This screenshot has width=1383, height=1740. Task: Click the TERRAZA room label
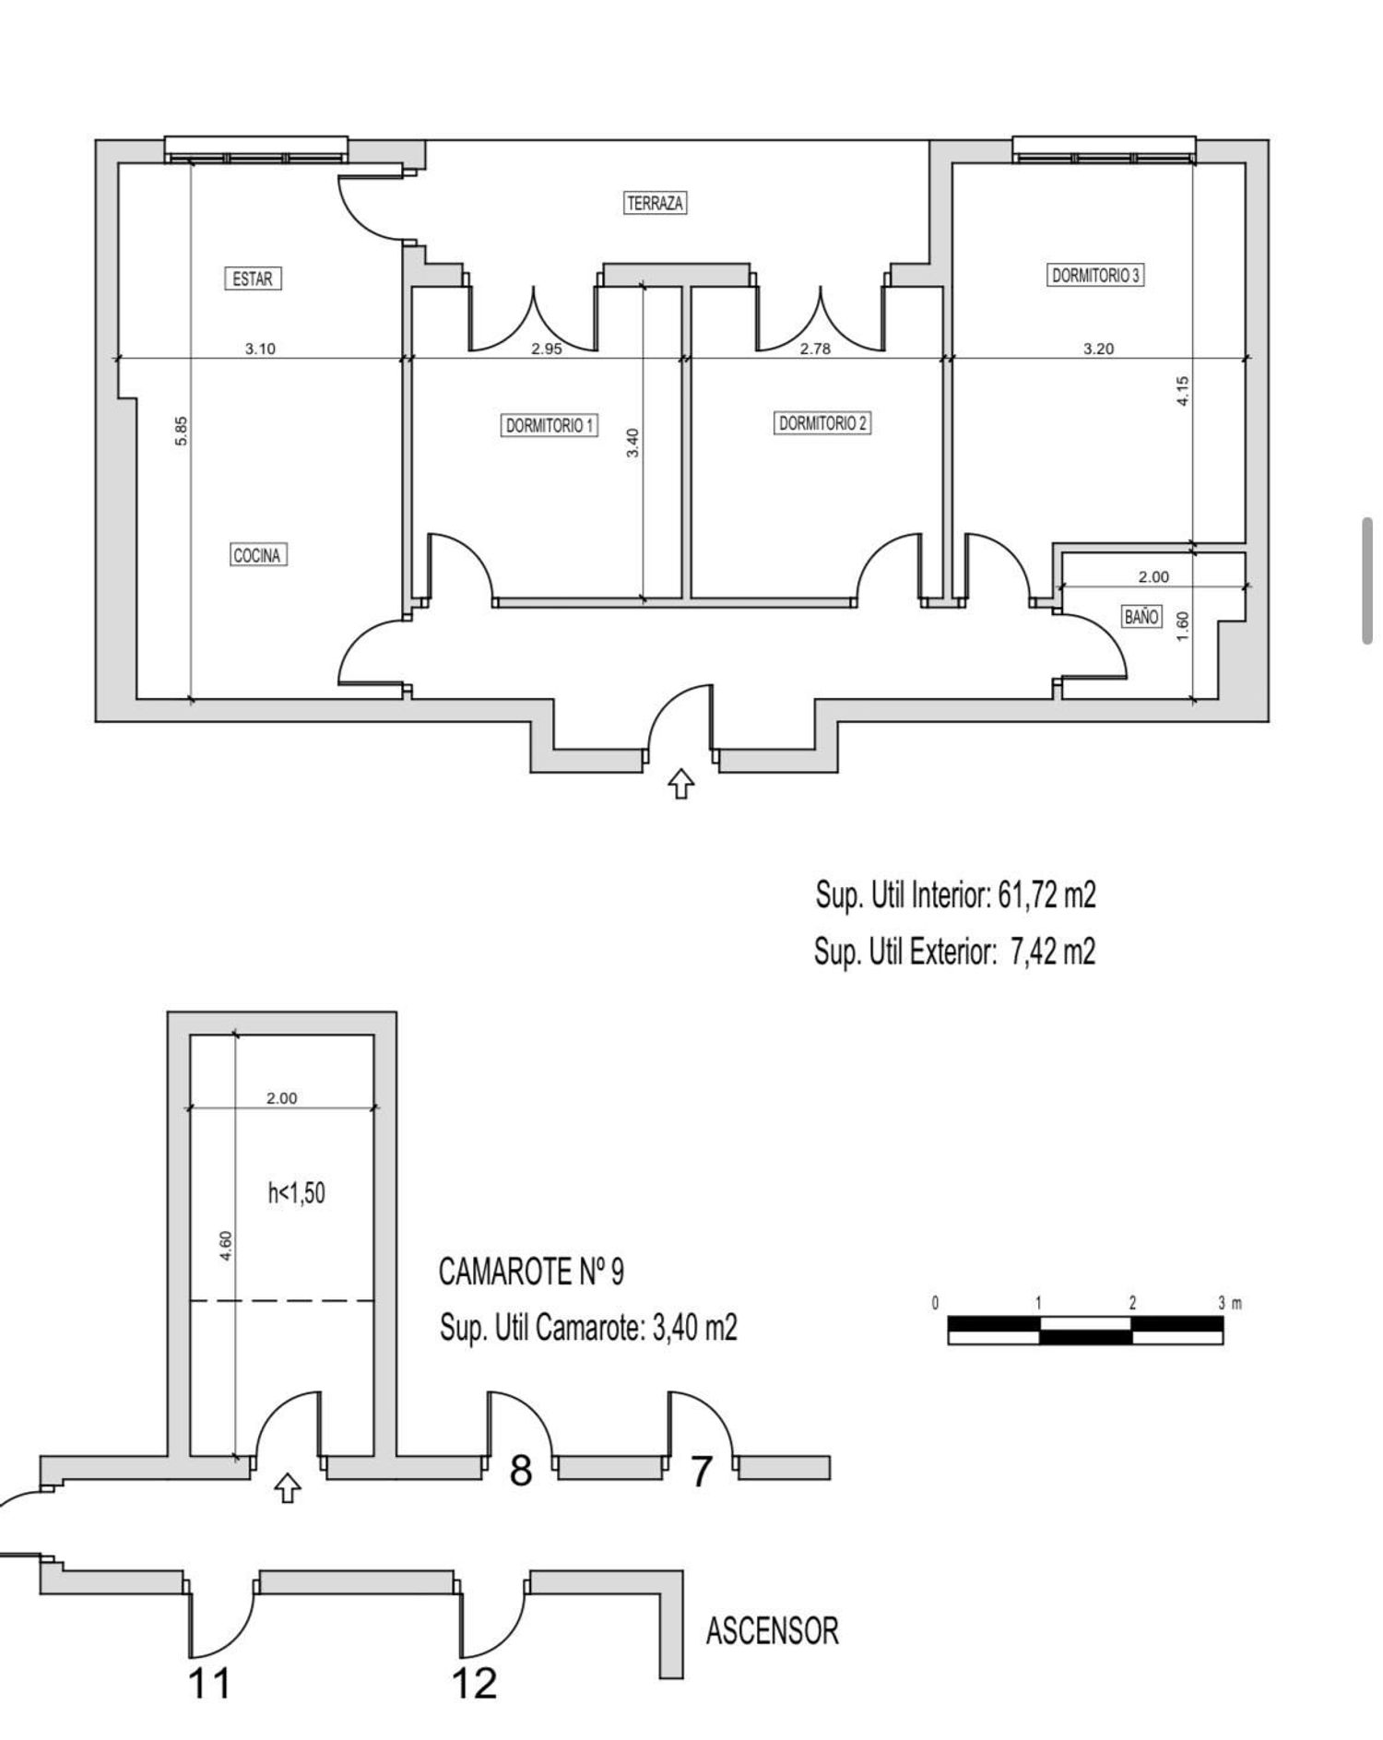[655, 203]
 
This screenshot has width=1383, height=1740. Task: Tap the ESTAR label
[253, 278]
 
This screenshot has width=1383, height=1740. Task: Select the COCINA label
[257, 555]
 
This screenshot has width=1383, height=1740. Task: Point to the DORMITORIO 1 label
[550, 426]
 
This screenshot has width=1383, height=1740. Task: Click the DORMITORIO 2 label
[822, 423]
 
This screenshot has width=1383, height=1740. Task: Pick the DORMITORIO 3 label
[1096, 275]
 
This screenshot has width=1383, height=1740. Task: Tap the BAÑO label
[1141, 617]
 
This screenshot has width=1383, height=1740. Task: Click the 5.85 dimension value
[182, 432]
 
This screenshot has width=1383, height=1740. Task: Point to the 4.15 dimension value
[1184, 389]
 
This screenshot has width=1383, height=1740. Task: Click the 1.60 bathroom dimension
[1184, 625]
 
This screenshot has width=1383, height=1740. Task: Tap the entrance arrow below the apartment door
[680, 785]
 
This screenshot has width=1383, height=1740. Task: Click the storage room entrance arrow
[289, 1487]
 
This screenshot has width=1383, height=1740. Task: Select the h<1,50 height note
[296, 1193]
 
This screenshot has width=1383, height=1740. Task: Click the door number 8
[521, 1471]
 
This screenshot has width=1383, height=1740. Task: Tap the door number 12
[474, 1684]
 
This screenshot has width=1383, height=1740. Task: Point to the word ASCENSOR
[773, 1631]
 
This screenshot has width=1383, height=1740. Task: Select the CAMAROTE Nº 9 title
[531, 1272]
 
